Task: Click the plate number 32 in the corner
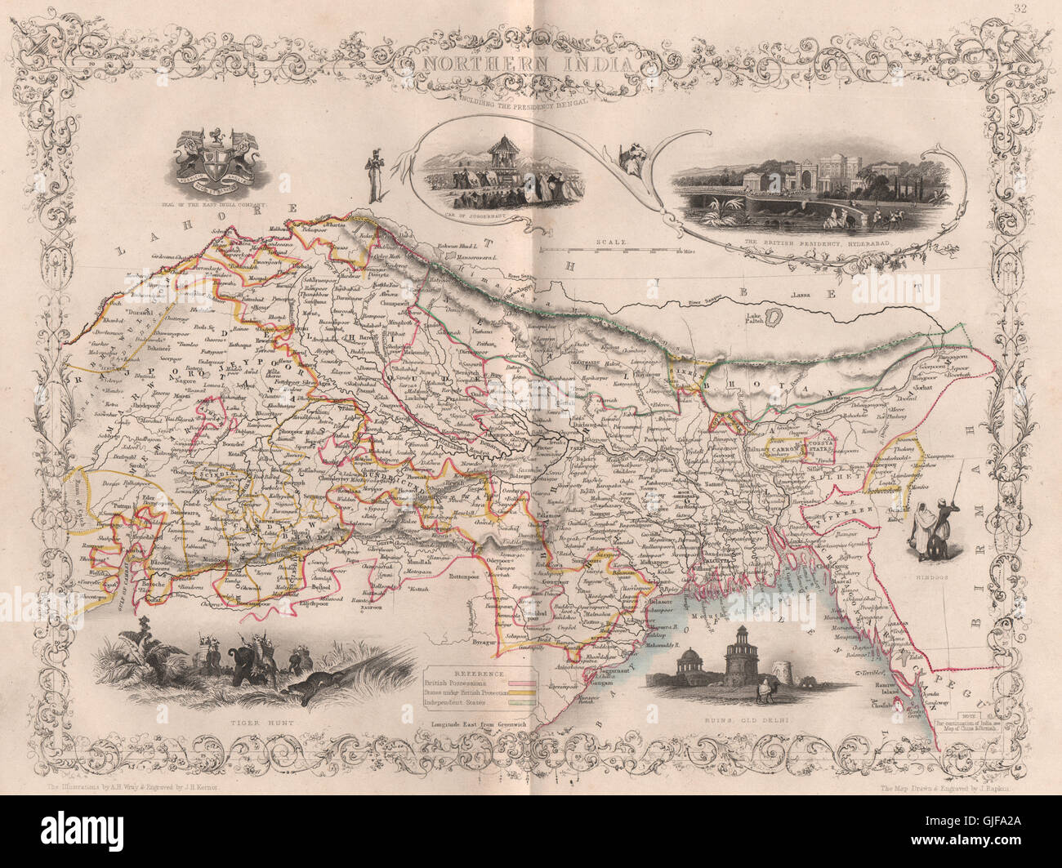[1040, 10]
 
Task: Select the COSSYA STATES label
[819, 444]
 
